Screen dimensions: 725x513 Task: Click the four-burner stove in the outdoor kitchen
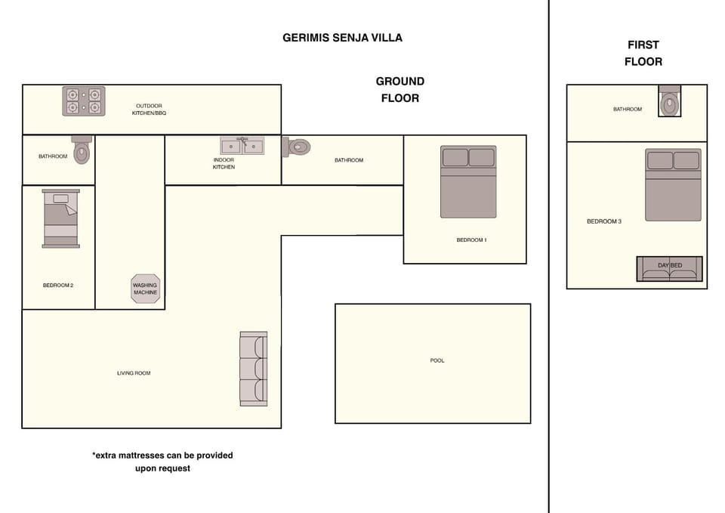point(84,100)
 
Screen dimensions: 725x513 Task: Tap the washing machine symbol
point(145,289)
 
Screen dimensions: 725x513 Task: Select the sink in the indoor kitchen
point(242,146)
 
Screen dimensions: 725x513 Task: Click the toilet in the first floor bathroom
point(670,100)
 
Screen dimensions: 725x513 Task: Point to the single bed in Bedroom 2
point(61,218)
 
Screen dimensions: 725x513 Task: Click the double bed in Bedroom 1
point(468,182)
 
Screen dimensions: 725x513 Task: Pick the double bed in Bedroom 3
point(673,184)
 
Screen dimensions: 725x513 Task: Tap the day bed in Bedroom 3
point(670,269)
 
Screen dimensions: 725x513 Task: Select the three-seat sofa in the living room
point(254,369)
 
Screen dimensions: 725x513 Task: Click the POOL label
point(437,360)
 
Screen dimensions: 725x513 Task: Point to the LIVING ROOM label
point(134,372)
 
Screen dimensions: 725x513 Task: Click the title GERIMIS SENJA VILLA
point(342,38)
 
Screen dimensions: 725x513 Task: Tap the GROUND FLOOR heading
point(400,90)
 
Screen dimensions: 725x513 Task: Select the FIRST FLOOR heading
point(643,53)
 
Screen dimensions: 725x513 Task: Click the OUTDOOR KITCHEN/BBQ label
point(149,109)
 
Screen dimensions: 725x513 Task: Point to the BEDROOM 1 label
point(471,240)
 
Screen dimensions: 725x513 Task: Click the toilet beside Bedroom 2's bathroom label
point(82,150)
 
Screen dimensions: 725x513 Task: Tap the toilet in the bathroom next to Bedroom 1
point(296,147)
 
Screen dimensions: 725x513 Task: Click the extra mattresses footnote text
point(163,462)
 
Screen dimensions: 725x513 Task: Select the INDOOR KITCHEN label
point(224,163)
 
